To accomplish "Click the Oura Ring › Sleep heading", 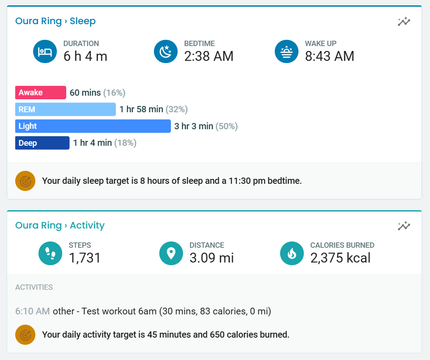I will pos(55,21).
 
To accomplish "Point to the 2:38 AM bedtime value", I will pos(209,56).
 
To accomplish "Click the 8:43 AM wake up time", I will pos(329,56).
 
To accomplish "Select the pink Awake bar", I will pos(41,93).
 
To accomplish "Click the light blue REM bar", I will pos(65,110).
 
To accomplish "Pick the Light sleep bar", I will pos(93,126).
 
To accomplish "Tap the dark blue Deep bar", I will pos(43,143).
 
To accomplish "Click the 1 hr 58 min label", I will pos(141,110).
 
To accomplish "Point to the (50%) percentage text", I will pos(227,126).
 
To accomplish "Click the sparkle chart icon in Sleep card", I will pos(404,21).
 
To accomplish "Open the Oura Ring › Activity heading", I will pos(60,225).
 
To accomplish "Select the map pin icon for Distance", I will pos(171,254).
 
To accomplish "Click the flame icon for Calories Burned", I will pos(292,254).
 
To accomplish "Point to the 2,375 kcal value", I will pos(340,258).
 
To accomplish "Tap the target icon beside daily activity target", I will pos(26,335).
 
